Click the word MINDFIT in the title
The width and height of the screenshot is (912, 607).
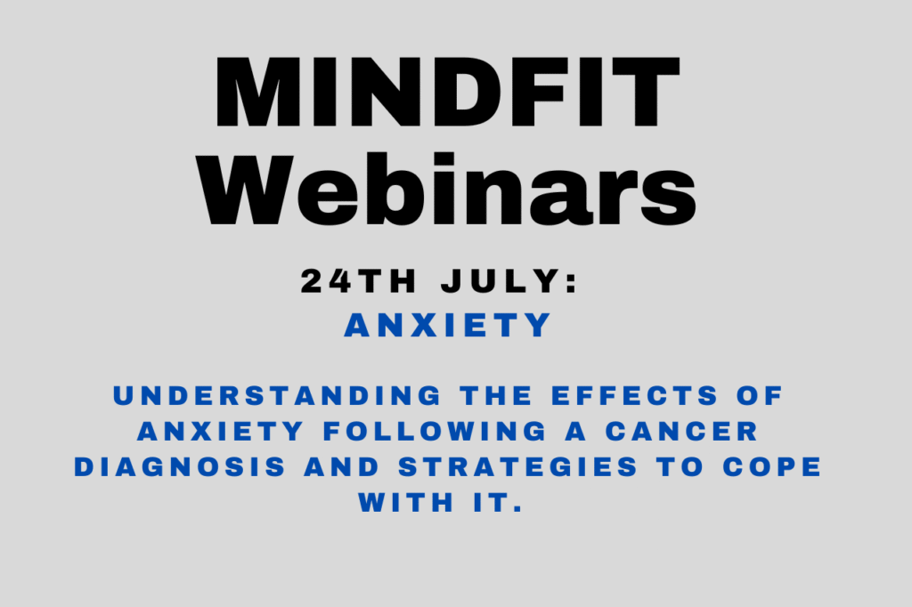point(447,92)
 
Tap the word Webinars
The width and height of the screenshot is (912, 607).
point(447,190)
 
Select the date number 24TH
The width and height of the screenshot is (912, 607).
point(358,281)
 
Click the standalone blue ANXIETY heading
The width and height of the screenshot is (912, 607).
point(447,325)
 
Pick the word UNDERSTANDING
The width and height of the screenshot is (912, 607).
point(278,396)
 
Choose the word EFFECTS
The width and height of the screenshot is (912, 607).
point(634,396)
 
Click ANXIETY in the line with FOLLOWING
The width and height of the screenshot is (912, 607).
point(221,432)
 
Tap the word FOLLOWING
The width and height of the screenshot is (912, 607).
point(435,432)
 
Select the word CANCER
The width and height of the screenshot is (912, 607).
point(681,432)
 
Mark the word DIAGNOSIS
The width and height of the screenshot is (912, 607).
point(180,467)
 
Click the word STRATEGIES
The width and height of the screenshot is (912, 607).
point(518,467)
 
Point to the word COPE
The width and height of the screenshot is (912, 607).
point(772,467)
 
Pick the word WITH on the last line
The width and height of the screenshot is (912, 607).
point(406,502)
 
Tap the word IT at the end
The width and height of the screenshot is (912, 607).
point(492,502)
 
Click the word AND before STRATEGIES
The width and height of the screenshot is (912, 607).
point(341,467)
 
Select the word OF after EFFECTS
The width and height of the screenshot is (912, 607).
point(760,396)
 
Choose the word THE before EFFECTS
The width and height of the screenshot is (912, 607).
point(496,396)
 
